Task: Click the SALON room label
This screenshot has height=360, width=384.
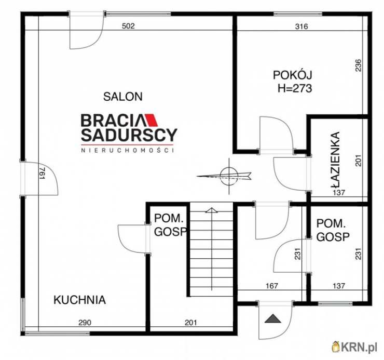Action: click(122, 97)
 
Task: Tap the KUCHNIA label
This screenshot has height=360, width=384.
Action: click(79, 300)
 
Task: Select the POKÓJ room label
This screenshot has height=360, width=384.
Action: click(292, 75)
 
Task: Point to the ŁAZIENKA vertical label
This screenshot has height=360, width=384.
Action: click(336, 160)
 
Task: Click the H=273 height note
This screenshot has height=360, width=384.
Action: click(295, 88)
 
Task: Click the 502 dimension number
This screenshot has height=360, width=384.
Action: click(128, 26)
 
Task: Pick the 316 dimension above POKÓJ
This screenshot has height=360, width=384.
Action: click(301, 26)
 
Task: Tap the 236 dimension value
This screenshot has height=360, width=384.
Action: click(358, 65)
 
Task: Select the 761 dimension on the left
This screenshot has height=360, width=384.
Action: click(43, 174)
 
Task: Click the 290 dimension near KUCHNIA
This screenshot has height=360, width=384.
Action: click(85, 323)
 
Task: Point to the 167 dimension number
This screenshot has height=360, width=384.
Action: click(272, 286)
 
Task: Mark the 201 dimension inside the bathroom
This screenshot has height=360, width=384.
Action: click(358, 161)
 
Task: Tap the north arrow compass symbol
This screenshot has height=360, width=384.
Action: click(228, 176)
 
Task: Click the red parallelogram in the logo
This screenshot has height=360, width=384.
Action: click(151, 120)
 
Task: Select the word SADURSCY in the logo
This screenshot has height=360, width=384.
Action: click(129, 135)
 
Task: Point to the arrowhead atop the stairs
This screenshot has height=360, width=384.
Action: click(212, 210)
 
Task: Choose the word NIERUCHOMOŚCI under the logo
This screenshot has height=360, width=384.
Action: click(127, 150)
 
